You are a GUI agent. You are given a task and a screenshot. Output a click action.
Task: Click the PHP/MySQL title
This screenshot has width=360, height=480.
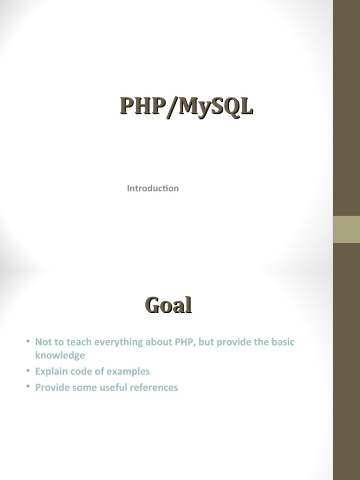click(x=186, y=106)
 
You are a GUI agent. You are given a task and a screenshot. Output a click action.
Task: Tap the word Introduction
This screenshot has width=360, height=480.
click(x=153, y=188)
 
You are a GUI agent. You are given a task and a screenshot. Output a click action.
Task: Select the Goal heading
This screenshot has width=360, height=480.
click(x=168, y=306)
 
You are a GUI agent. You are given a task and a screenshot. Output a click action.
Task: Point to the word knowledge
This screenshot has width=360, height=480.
click(x=60, y=355)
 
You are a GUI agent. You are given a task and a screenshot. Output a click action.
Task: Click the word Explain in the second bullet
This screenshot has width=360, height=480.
click(x=50, y=371)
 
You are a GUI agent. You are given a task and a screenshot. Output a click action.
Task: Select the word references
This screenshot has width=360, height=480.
click(x=155, y=387)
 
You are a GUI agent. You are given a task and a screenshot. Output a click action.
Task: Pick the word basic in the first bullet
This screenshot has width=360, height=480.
click(x=282, y=342)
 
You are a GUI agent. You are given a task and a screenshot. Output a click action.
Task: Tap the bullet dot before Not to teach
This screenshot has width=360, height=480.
click(x=28, y=341)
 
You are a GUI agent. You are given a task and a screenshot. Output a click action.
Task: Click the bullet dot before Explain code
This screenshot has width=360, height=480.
click(x=28, y=370)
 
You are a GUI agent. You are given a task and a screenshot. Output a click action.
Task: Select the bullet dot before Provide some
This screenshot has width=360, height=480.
click(x=28, y=386)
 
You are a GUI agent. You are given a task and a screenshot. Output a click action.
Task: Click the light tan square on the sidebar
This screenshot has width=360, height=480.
click(x=346, y=229)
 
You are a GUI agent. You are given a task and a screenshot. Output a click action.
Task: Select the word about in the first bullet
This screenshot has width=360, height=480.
click(x=158, y=342)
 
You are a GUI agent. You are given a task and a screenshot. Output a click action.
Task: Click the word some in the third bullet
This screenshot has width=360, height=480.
click(x=84, y=387)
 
